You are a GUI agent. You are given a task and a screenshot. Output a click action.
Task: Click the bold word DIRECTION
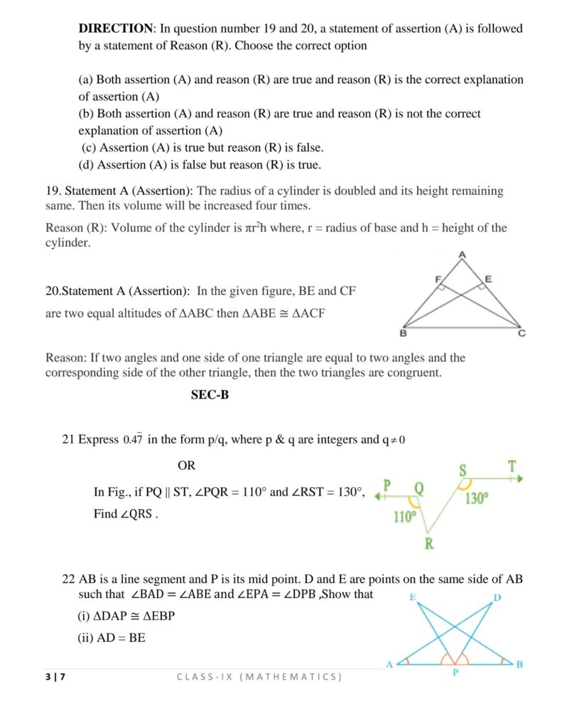[115, 28]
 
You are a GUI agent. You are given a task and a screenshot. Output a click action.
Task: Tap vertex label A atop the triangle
[462, 255]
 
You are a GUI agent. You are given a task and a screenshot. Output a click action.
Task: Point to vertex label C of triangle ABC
[522, 333]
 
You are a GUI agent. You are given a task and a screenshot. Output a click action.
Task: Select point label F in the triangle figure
[438, 279]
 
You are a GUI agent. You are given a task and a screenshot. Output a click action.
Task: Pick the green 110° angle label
[404, 517]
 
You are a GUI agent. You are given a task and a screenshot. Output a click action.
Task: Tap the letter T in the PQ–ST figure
[512, 467]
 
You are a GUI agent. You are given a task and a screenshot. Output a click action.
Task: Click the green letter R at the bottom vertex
[429, 544]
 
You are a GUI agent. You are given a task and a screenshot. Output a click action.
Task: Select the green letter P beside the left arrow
[387, 485]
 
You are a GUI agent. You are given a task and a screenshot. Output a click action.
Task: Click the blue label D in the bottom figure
[497, 597]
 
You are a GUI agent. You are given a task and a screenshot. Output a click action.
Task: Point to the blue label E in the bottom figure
[412, 597]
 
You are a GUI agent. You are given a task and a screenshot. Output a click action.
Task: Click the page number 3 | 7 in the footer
[55, 676]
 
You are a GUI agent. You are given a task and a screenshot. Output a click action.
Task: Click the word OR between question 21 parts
[186, 466]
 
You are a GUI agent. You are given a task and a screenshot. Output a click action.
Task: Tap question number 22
[68, 579]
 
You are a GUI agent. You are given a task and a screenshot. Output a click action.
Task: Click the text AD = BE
[111, 638]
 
